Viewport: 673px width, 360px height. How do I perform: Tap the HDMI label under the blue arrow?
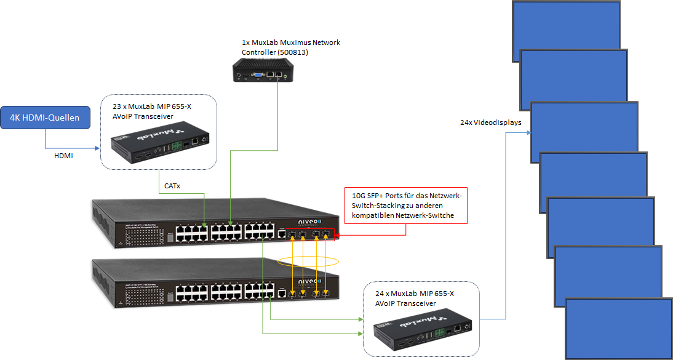[x=64, y=156]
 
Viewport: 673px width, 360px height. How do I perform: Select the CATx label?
[x=172, y=185]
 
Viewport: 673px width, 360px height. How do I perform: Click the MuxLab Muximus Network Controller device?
[x=260, y=70]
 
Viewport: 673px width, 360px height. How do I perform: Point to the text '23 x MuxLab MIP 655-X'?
[x=152, y=106]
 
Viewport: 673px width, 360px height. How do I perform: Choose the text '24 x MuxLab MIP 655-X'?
[x=415, y=294]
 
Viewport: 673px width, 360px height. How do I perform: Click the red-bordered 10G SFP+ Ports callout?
[x=405, y=205]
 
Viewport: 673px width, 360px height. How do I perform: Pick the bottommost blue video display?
[x=618, y=329]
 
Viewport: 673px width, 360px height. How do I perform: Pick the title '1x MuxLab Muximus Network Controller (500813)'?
[x=290, y=47]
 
